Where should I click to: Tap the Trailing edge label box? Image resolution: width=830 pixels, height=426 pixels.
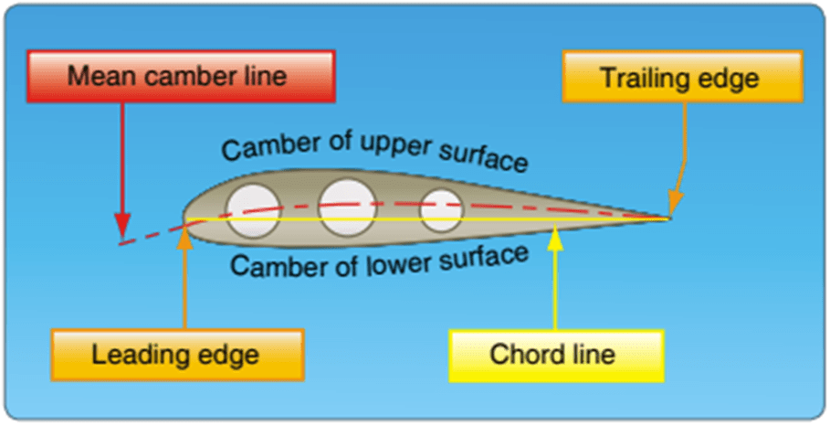click(x=682, y=78)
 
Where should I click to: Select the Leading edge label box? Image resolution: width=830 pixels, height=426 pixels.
click(x=175, y=354)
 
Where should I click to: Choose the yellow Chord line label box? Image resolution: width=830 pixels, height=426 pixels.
click(x=552, y=354)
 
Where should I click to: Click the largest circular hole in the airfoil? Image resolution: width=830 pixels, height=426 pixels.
click(x=347, y=203)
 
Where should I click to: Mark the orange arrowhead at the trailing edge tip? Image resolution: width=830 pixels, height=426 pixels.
click(x=674, y=203)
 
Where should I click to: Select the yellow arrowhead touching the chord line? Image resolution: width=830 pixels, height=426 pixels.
click(x=557, y=230)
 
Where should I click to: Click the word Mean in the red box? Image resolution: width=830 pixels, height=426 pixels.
click(x=97, y=74)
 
